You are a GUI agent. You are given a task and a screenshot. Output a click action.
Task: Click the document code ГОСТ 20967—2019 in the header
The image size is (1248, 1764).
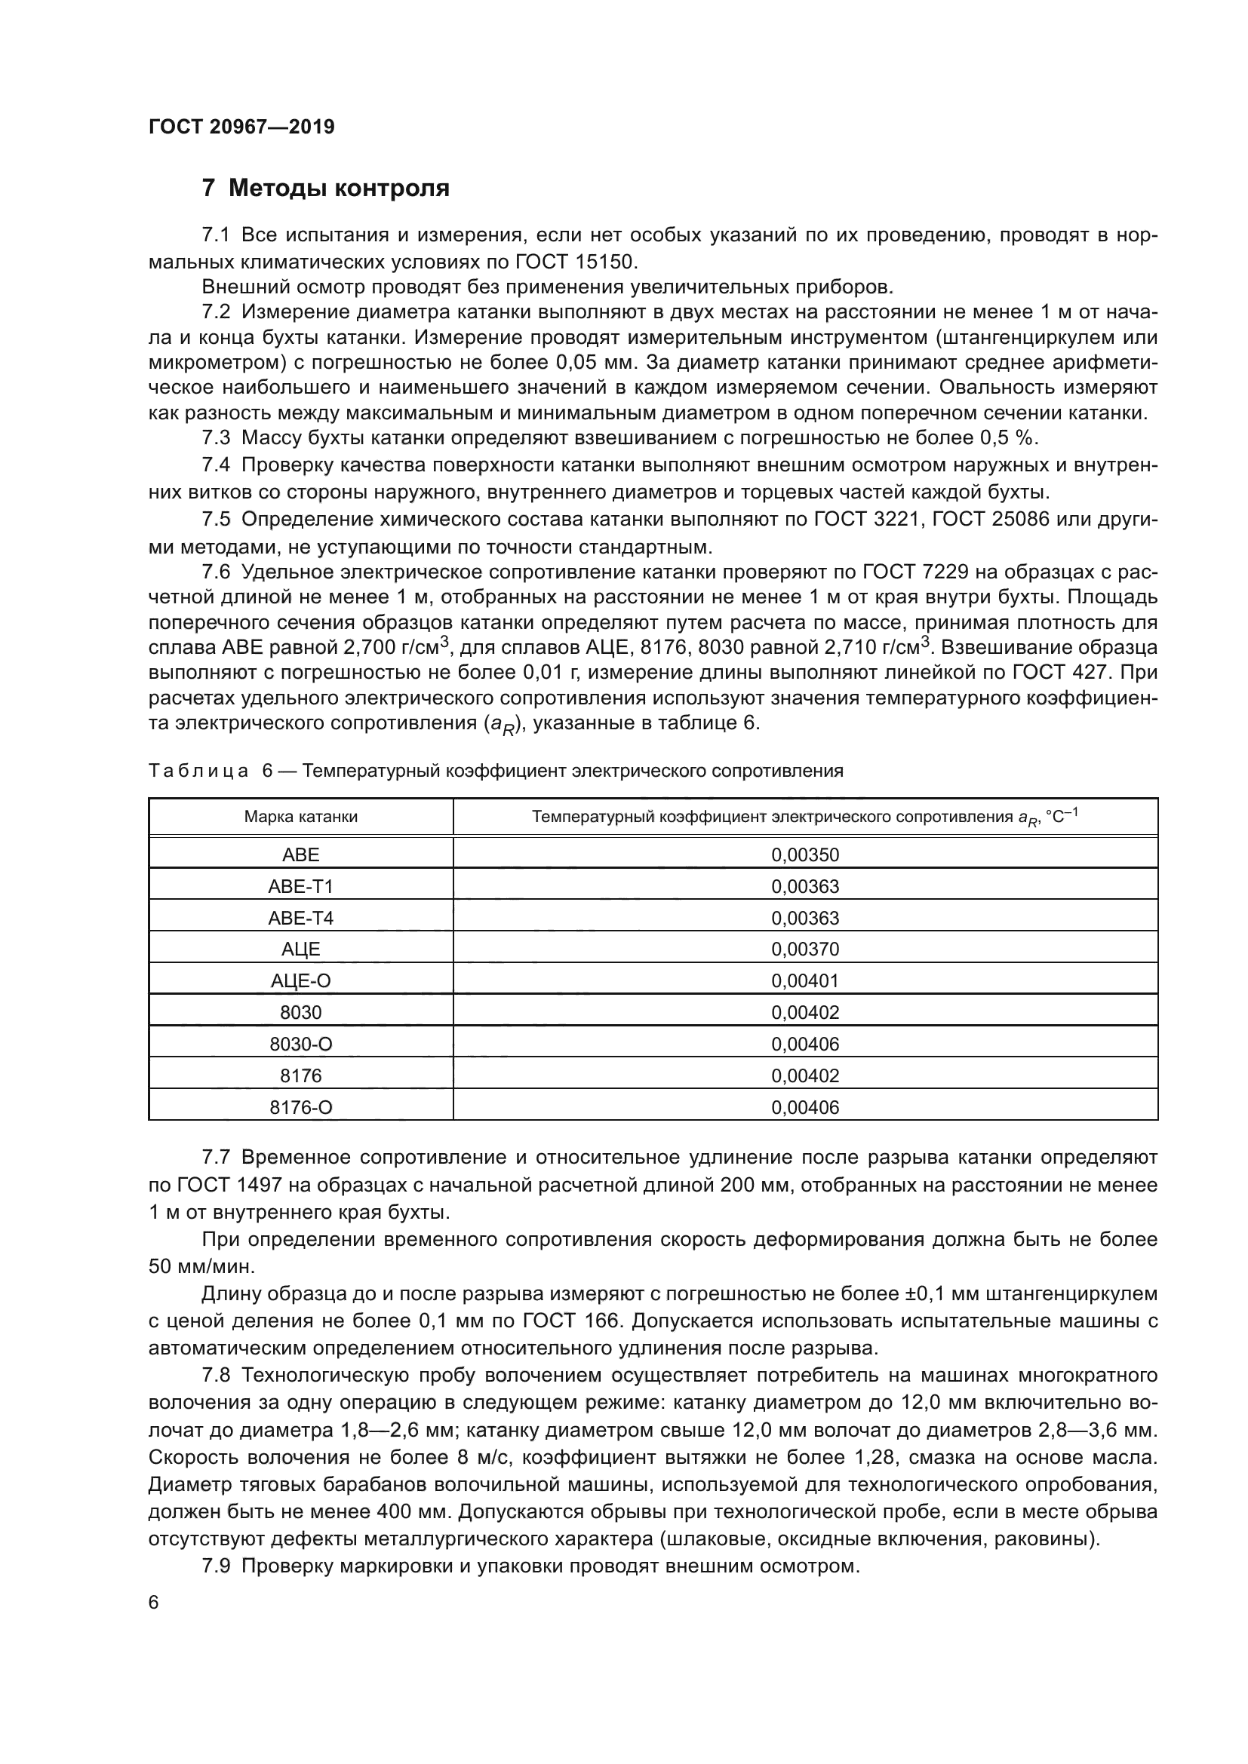click(x=241, y=127)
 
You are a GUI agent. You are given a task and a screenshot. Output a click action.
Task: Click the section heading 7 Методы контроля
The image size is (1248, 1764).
click(x=325, y=189)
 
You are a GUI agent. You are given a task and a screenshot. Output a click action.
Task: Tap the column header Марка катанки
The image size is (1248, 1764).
click(x=300, y=817)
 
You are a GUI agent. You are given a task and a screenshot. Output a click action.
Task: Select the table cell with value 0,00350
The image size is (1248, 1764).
click(x=804, y=854)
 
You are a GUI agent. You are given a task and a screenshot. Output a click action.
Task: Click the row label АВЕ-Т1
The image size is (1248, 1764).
click(x=300, y=887)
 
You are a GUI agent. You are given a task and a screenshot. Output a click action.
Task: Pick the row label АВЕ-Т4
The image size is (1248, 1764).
click(x=300, y=918)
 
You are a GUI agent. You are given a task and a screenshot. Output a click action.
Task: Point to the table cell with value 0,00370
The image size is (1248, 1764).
click(x=804, y=949)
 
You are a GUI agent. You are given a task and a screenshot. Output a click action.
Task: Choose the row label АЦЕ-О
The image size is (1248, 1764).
click(x=300, y=981)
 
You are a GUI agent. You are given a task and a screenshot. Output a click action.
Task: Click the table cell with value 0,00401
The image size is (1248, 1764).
click(x=804, y=981)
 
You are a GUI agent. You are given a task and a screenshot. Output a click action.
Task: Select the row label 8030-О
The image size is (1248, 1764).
click(x=300, y=1044)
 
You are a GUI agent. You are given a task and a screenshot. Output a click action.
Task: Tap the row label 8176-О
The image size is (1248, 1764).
click(x=300, y=1107)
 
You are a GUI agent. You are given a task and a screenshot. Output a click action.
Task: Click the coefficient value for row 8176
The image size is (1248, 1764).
click(x=804, y=1075)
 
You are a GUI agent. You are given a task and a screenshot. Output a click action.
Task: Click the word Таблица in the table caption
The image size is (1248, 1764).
click(x=198, y=772)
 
